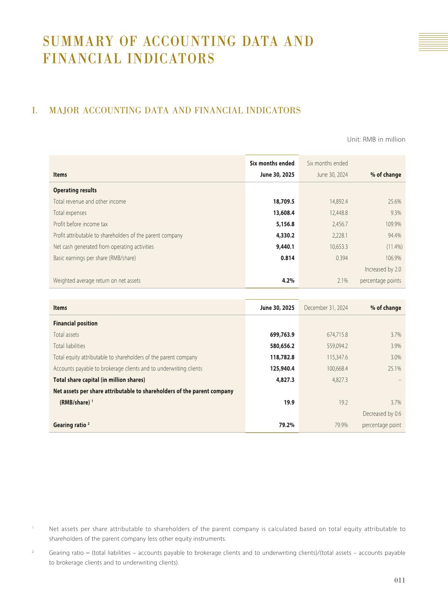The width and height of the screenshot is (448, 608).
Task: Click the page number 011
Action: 399,580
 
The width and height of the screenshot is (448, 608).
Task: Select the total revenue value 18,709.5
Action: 283,201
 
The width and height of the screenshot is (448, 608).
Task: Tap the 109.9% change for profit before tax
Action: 392,224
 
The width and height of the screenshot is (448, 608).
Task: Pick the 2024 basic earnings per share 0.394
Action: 341,258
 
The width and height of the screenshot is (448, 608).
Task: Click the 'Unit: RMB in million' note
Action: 376,139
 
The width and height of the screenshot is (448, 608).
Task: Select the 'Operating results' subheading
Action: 75,190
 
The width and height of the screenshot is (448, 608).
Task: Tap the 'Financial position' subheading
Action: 75,323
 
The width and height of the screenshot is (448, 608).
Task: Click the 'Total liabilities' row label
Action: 69,346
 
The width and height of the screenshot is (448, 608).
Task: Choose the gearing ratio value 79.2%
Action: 286,425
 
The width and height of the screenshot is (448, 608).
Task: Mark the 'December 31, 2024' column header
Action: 326,308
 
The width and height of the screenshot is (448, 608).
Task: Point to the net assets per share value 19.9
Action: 289,402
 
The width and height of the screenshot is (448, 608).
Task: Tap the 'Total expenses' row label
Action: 70,213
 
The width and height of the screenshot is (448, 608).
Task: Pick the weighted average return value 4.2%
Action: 288,280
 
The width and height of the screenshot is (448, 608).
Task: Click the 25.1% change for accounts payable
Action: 394,369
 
